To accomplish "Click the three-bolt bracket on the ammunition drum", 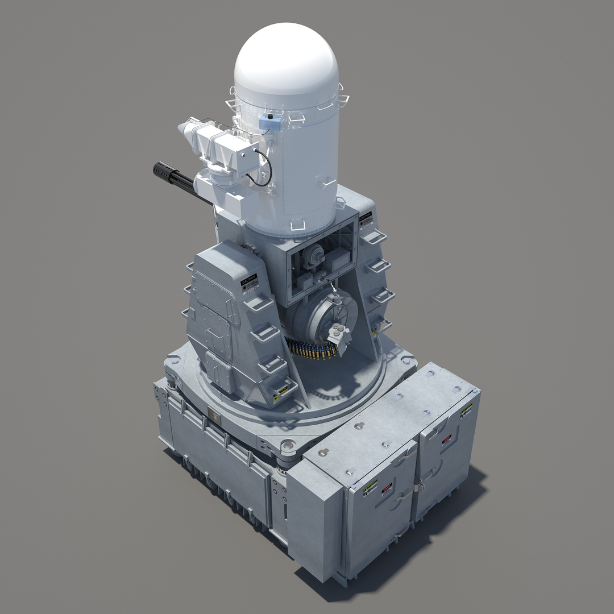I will click(338, 328).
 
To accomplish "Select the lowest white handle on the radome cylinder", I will click(297, 227).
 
